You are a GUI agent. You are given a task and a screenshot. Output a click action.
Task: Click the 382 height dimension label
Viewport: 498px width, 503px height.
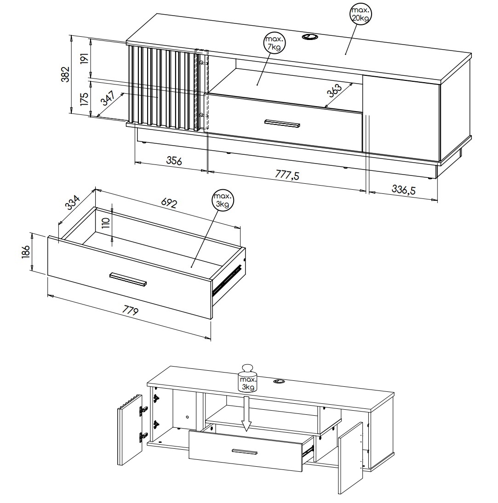pyautogui.click(x=65, y=74)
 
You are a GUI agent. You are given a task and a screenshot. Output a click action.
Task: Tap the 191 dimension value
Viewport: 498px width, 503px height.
pyautogui.click(x=84, y=58)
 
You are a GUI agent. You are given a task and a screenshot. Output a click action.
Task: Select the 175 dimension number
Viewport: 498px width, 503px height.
pyautogui.click(x=84, y=99)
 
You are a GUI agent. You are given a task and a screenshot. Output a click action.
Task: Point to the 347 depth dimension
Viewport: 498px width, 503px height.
pyautogui.click(x=108, y=98)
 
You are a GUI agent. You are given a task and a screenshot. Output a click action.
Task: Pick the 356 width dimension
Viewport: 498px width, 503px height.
pyautogui.click(x=174, y=160)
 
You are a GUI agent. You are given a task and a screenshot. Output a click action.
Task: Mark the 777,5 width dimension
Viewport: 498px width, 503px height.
pyautogui.click(x=287, y=175)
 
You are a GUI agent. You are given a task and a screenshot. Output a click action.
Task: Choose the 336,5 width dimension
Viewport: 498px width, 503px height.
pyautogui.click(x=404, y=190)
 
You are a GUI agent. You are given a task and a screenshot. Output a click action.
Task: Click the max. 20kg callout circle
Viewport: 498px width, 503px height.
pyautogui.click(x=361, y=14)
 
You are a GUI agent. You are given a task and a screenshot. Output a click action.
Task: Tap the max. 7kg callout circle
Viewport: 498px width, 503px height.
pyautogui.click(x=274, y=43)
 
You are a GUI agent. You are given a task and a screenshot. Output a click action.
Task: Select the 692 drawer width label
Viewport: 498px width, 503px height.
pyautogui.click(x=169, y=203)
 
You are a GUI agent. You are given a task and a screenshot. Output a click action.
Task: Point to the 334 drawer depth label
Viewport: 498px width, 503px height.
pyautogui.click(x=73, y=203)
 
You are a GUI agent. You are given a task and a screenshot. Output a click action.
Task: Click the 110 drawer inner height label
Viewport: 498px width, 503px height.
pyautogui.click(x=106, y=222)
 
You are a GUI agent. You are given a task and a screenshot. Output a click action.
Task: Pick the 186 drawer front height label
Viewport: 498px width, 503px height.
pyautogui.click(x=26, y=251)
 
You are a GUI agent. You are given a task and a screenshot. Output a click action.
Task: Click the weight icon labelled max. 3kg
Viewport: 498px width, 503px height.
pyautogui.click(x=247, y=378)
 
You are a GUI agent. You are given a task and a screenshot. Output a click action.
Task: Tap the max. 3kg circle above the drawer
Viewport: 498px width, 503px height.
pyautogui.click(x=223, y=200)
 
